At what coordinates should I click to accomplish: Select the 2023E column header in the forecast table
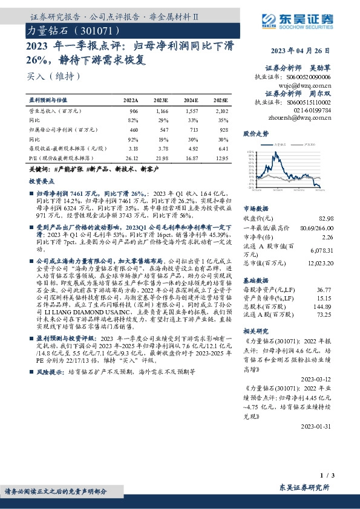coord(160,99)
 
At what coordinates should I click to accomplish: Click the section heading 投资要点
coord(42,181)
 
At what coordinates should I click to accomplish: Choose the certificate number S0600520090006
coord(309,78)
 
